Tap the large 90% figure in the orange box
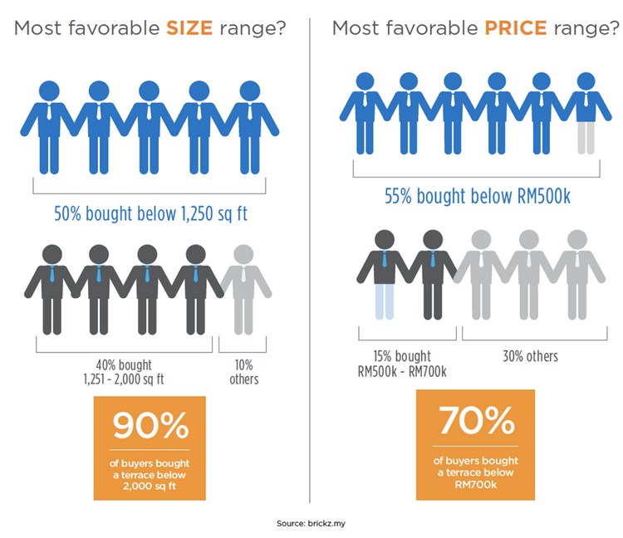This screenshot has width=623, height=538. click(x=151, y=426)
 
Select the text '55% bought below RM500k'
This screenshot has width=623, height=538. click(x=476, y=198)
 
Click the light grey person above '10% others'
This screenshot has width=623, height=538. click(x=244, y=286)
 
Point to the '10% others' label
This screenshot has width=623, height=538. click(x=244, y=372)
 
